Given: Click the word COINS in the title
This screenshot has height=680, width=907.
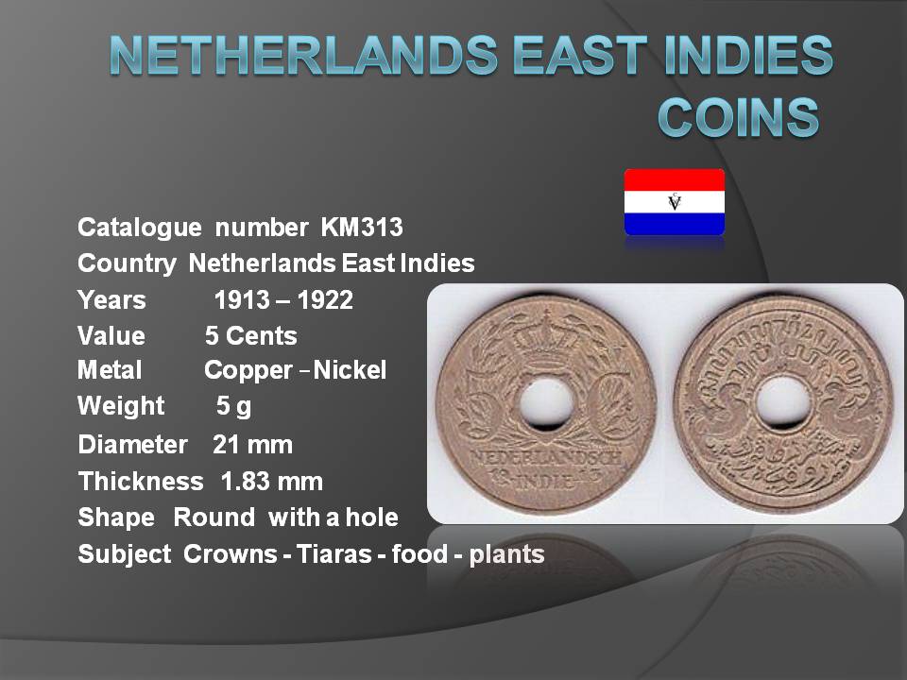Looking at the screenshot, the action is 739,116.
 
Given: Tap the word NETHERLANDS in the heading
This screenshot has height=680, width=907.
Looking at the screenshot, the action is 303,55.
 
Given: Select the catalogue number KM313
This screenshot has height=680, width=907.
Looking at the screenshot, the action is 362,228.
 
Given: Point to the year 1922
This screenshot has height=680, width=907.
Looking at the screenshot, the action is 325,300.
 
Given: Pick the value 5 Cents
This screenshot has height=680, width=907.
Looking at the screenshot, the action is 251,336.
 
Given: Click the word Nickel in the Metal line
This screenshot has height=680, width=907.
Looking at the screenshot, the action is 350,370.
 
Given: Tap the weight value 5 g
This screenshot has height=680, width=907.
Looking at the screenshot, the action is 233,406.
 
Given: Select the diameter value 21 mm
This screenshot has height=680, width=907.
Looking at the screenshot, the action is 253,445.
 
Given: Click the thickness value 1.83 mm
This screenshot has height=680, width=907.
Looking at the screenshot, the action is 272,482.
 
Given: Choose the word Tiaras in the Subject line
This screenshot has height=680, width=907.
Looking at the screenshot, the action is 334,554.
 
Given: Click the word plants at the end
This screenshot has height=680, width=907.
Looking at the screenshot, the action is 506,555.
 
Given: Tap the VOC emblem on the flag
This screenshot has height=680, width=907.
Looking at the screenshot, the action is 675,202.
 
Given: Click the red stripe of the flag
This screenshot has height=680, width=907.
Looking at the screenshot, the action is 675,179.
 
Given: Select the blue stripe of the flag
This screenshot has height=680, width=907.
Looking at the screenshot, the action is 675,225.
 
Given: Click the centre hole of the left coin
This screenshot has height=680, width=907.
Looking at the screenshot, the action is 547,402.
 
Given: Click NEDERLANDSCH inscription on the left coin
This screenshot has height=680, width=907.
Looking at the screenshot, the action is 546,458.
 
